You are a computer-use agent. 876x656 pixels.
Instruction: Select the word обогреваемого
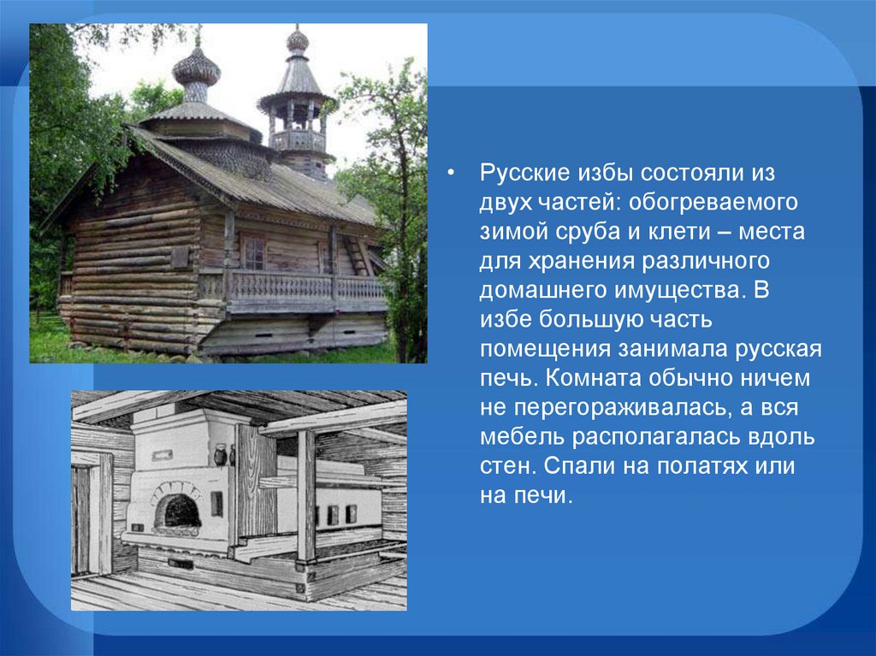pos(713,202)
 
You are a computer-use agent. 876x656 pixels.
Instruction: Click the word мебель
pos(521,436)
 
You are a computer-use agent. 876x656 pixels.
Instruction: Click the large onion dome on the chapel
pos(196,71)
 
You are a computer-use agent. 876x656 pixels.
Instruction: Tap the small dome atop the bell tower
pos(297,41)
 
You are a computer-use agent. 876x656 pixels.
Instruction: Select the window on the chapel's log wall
pos(254,252)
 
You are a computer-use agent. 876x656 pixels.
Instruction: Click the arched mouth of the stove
pos(177,511)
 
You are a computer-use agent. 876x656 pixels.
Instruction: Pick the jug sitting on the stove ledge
pos(221,454)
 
